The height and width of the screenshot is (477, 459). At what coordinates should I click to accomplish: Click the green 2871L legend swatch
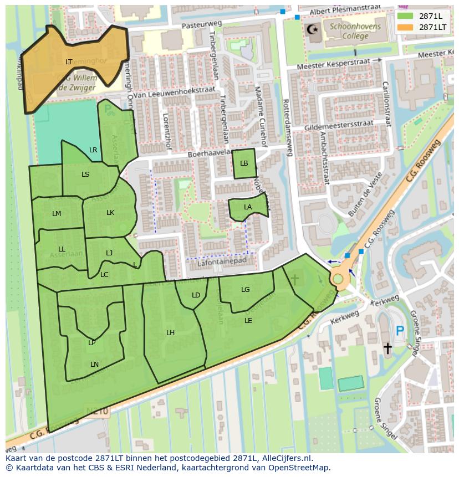(405, 16)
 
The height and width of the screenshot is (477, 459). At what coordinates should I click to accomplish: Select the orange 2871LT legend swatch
(405, 27)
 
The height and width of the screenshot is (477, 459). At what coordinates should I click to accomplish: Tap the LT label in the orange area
(69, 62)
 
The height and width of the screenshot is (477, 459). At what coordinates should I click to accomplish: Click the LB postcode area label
(244, 163)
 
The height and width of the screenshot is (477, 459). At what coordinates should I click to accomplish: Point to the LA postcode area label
(248, 207)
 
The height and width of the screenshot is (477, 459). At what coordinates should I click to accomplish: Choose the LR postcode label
(93, 150)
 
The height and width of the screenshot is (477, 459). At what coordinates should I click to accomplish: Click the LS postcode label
(85, 175)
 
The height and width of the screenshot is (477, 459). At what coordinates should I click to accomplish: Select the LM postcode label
(57, 214)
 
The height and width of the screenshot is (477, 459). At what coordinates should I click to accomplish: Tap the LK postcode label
(110, 213)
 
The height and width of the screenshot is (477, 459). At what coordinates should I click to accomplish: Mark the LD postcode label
(196, 295)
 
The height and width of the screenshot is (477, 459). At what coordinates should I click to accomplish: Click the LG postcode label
(246, 290)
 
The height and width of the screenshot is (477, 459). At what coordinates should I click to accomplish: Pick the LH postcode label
(171, 333)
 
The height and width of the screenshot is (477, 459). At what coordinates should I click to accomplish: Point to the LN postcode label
(94, 364)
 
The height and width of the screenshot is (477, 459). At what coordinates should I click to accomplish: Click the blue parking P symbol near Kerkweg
(400, 331)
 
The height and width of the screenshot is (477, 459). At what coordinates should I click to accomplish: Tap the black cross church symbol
(387, 348)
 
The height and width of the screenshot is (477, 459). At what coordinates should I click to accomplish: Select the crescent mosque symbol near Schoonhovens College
(314, 28)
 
